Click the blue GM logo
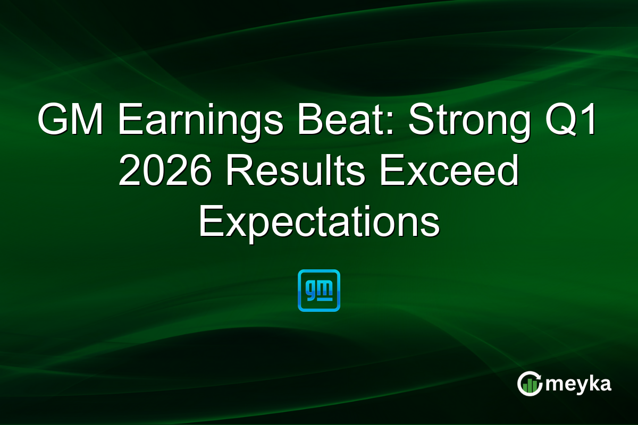(x=319, y=290)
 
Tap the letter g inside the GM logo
(x=311, y=288)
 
